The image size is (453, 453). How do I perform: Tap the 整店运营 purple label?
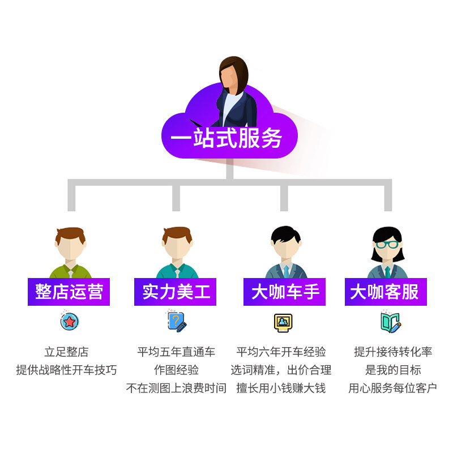69,292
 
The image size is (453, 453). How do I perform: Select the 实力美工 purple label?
176,292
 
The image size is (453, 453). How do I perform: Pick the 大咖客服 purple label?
384,292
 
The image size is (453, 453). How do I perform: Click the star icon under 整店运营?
69,322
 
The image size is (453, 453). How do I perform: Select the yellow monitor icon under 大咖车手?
283,322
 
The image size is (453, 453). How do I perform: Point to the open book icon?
390,322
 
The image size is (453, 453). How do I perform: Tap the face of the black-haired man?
285,245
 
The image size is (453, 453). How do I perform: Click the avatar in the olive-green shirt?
70,252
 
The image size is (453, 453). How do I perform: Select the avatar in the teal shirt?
177,252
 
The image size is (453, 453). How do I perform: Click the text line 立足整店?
67,352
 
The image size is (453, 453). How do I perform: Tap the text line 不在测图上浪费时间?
176,388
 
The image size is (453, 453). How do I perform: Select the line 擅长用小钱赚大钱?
281,388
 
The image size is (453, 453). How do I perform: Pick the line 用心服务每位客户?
392,388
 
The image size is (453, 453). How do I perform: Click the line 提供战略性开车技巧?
67,370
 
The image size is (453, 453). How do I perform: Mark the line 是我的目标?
392,370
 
